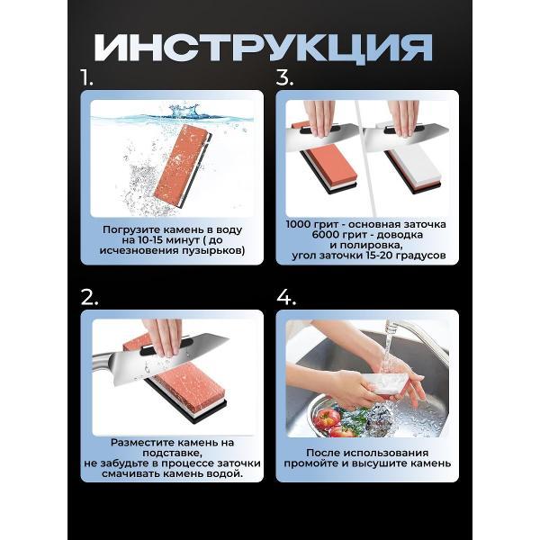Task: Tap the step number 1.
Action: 88,79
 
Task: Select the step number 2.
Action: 89,298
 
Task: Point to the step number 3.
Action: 284,79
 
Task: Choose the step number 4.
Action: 285,298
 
